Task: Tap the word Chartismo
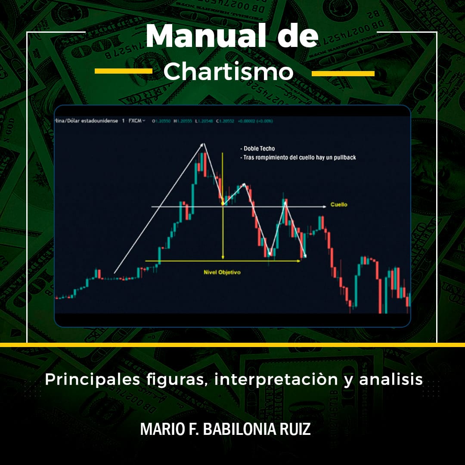(x=228, y=72)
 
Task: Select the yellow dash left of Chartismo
(x=124, y=71)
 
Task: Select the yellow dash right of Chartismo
(x=343, y=74)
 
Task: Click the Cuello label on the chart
(x=338, y=205)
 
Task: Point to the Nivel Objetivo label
(x=222, y=272)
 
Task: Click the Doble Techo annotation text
(x=258, y=149)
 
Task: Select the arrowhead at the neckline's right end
(x=324, y=207)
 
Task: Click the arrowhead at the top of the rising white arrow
(x=203, y=145)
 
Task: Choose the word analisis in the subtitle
(x=391, y=379)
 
